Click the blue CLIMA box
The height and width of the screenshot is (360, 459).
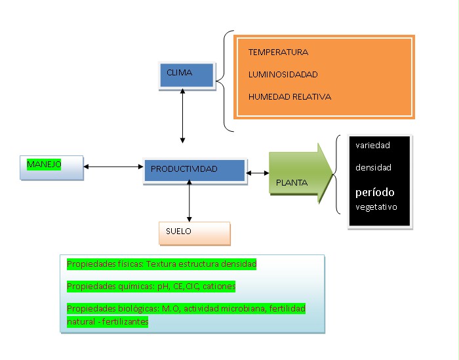[187, 75]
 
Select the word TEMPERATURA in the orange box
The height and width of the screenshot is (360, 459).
[278, 52]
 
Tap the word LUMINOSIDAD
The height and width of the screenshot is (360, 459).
[283, 74]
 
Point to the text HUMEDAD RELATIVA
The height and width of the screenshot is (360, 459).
[289, 96]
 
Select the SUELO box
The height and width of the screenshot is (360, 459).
[194, 232]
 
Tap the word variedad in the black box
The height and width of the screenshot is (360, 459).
[372, 146]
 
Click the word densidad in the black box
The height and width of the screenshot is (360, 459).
[373, 168]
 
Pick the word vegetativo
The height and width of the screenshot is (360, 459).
[376, 207]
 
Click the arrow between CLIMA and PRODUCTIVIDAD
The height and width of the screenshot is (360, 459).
[182, 115]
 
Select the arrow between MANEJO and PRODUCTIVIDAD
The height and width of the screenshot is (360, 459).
[113, 167]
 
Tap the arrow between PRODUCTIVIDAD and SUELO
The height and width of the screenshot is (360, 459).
[190, 200]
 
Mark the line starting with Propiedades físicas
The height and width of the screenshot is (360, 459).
[161, 264]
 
